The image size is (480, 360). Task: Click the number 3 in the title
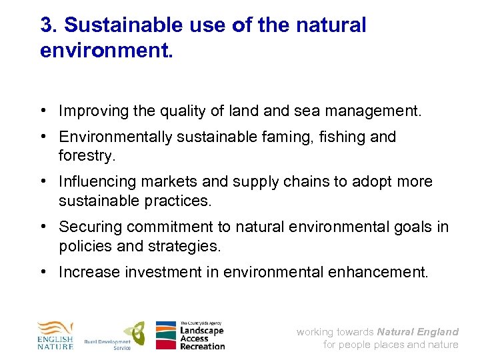(x=47, y=25)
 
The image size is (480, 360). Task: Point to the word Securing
(x=88, y=227)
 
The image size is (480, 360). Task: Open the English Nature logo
(x=55, y=335)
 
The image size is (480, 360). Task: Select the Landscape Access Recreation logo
(x=190, y=335)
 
